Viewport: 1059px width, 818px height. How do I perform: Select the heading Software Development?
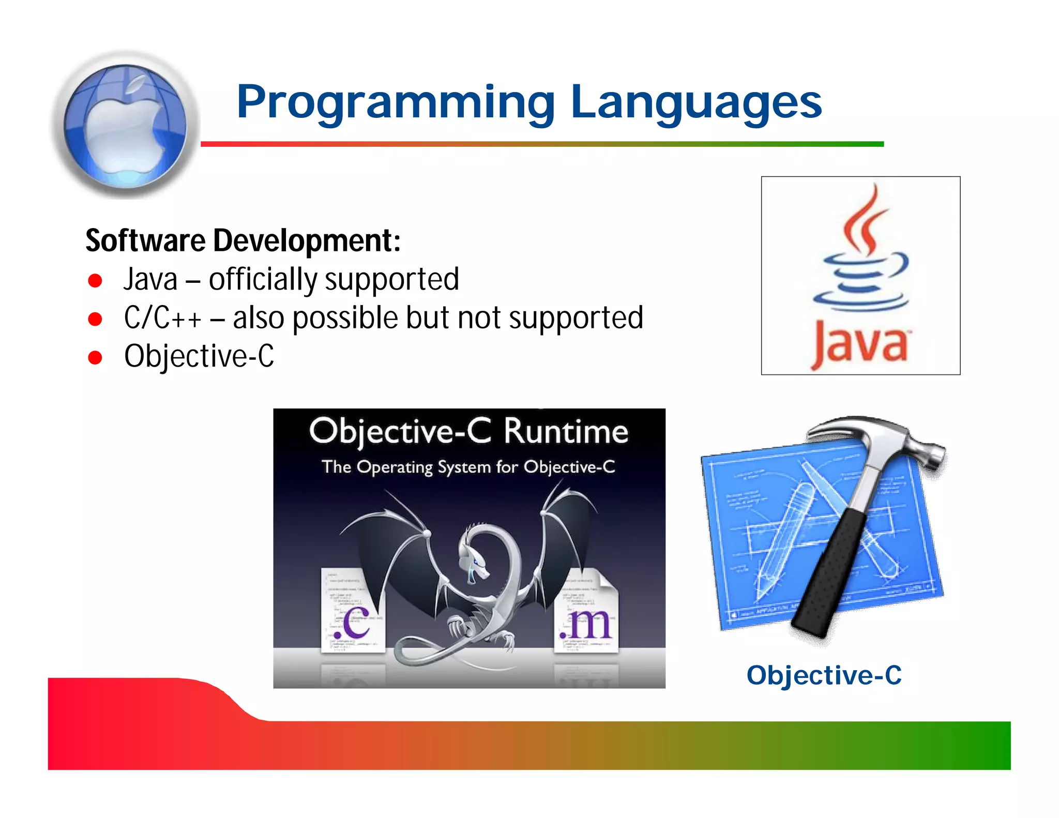243,241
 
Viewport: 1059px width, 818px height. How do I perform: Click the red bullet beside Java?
95,281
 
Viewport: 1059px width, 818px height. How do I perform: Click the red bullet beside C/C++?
95,319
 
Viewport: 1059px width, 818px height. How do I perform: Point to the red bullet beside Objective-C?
95,357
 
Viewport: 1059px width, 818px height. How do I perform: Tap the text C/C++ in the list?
162,317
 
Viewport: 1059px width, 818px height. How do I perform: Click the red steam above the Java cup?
865,220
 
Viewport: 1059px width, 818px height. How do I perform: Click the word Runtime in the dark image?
566,432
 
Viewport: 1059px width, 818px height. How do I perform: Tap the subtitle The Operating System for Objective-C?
468,467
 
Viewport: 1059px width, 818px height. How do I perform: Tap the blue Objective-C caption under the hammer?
824,675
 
